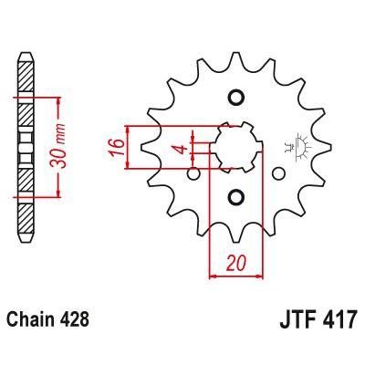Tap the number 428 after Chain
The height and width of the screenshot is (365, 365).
tap(74, 321)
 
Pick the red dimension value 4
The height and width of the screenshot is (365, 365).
tap(182, 148)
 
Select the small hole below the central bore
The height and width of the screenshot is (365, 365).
tap(235, 197)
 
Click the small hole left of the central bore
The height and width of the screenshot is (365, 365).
tap(193, 172)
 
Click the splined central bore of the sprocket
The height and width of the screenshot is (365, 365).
tap(235, 148)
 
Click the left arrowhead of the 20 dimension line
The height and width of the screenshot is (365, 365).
tap(215, 273)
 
